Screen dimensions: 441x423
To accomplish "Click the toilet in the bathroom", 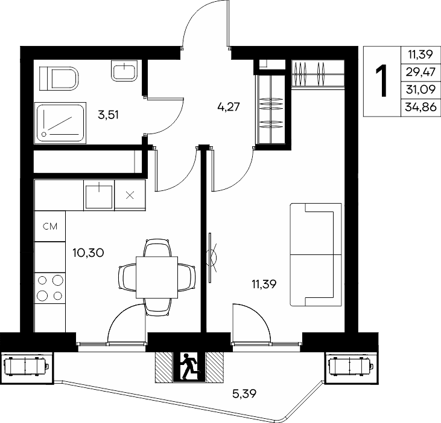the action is (59, 79).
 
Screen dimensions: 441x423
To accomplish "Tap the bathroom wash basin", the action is (124, 71).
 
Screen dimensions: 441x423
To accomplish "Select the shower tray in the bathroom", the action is (60, 123).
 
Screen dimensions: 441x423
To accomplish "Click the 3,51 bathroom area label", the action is (108, 115).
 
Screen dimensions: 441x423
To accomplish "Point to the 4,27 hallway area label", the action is (229, 107).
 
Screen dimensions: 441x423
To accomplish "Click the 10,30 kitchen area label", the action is (88, 253).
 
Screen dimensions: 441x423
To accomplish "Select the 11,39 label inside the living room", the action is (264, 285).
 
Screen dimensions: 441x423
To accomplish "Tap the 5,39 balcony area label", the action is (244, 394).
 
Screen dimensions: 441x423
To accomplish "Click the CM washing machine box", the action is (50, 226).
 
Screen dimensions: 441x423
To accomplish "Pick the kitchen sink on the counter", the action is (99, 196).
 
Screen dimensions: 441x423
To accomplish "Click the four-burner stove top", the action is (50, 288).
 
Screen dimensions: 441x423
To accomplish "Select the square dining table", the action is (157, 277).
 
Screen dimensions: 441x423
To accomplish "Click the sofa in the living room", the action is (316, 254).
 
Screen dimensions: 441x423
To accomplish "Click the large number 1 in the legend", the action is (382, 80).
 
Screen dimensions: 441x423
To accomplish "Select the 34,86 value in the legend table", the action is (420, 107).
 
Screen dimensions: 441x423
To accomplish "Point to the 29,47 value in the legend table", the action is (420, 72).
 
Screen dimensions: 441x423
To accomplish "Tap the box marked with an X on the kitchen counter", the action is (130, 195).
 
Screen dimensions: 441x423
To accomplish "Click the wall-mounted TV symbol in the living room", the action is (211, 257).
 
